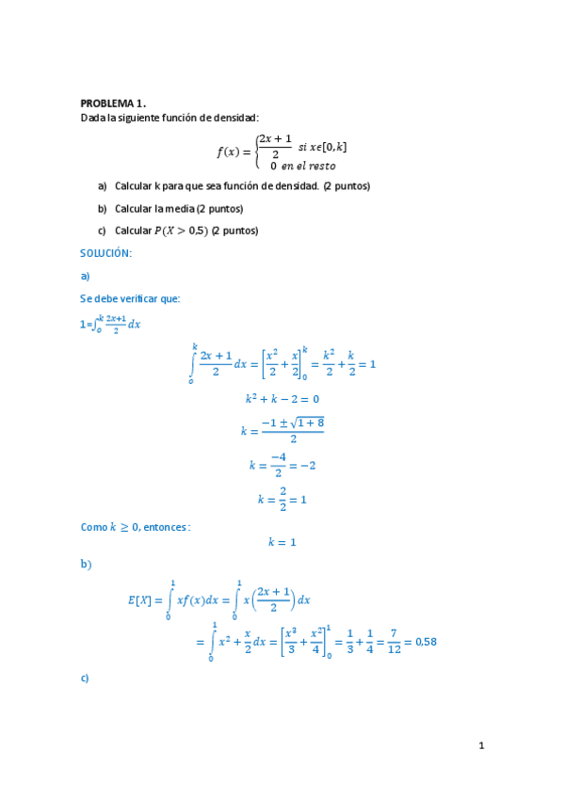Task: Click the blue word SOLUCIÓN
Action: [105, 253]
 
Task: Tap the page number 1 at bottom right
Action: [481, 746]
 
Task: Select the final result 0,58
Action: [424, 643]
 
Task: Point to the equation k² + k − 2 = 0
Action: [282, 399]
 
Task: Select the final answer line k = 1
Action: [282, 542]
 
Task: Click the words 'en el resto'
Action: [308, 166]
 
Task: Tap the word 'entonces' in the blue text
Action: [167, 527]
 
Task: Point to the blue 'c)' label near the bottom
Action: [85, 678]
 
